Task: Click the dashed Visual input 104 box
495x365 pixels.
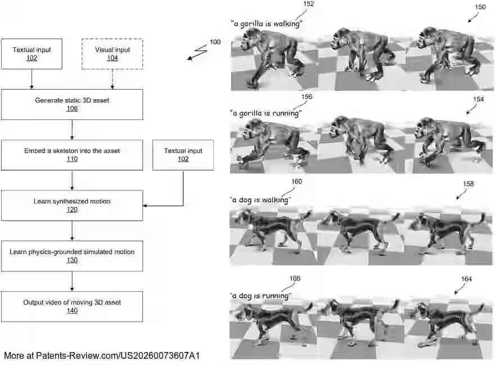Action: pos(112,54)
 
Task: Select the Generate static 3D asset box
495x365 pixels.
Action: pos(72,104)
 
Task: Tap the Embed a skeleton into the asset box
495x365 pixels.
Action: pos(72,155)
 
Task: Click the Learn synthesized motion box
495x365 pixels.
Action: pos(72,205)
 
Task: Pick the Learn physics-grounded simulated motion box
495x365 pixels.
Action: pos(72,256)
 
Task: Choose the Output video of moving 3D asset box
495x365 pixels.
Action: pos(72,306)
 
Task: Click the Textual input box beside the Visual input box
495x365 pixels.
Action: pos(31,54)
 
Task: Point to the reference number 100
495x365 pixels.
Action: pos(215,42)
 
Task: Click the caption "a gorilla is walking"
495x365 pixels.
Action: pos(267,24)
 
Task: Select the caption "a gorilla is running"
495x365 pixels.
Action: pos(266,113)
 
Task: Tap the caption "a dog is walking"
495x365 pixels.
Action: pos(260,200)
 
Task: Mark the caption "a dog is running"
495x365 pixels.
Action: pos(260,296)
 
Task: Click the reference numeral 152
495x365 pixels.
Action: pos(308,4)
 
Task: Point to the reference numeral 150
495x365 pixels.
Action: pos(480,7)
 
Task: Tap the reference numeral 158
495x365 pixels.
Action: pos(468,184)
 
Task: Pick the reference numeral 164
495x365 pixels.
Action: pos(466,279)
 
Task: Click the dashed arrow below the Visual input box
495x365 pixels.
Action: pos(112,79)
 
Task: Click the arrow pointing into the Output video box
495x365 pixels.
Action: pos(72,282)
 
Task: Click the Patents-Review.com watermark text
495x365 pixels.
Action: pos(102,355)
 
